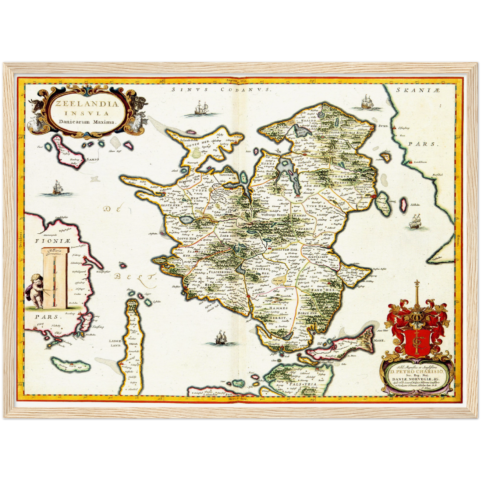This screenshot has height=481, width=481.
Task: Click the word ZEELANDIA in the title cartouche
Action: click(87, 104)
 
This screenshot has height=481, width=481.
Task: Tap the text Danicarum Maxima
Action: click(87, 122)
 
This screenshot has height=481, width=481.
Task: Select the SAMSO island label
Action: click(93, 160)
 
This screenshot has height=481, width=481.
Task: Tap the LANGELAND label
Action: click(115, 343)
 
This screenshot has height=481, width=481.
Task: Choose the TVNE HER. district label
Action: click(316, 206)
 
